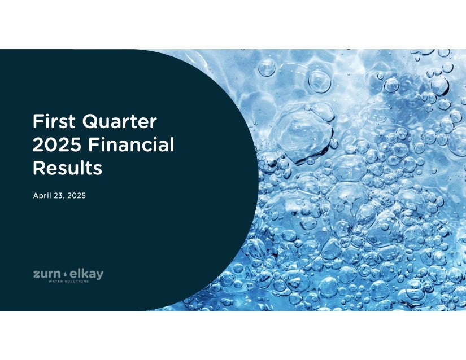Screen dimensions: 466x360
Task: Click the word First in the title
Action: point(54,121)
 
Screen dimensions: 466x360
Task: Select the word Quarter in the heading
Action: point(120,122)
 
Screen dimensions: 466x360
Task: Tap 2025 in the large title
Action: point(56,144)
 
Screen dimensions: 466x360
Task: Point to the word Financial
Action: point(131,144)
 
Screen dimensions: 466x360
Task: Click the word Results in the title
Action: point(67,168)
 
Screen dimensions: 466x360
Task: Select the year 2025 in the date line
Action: point(76,196)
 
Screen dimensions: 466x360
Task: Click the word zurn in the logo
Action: point(47,274)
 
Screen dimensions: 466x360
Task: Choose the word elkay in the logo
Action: point(86,274)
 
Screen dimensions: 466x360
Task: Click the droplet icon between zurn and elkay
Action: point(65,274)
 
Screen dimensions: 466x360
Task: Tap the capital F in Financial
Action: point(93,144)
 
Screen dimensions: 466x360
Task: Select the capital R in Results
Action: point(39,168)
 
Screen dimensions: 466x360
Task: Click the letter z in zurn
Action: point(37,275)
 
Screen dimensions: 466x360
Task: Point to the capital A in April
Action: point(36,196)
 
